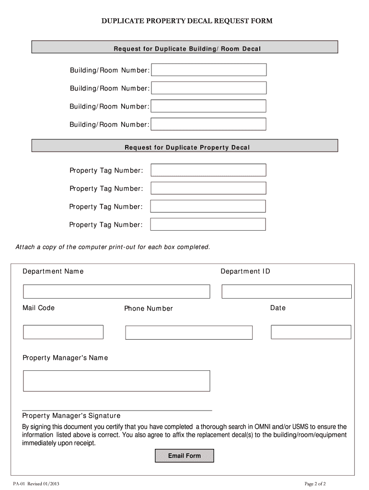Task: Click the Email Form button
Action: click(184, 456)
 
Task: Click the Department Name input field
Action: click(116, 291)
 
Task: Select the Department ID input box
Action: click(287, 291)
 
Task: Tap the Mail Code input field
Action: click(63, 332)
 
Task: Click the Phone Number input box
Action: click(189, 333)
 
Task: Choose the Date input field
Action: click(311, 332)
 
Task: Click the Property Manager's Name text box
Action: click(116, 381)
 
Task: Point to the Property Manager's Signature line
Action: click(117, 410)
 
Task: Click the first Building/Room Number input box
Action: click(209, 70)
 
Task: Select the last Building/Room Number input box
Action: click(209, 124)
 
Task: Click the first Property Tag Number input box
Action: click(208, 170)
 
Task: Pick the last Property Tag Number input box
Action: click(208, 224)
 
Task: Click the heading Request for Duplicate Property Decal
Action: click(187, 147)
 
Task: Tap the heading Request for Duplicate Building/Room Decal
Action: click(187, 49)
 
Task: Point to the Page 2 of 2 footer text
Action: click(315, 483)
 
